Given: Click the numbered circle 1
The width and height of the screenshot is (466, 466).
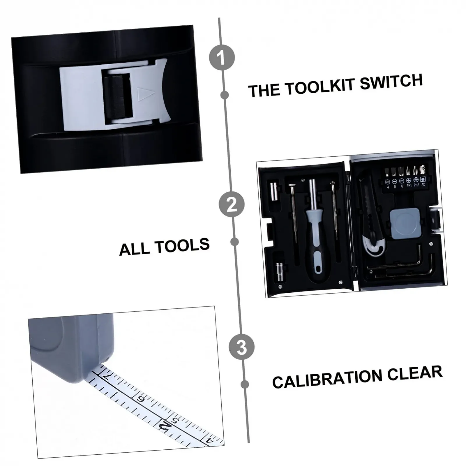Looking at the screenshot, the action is pyautogui.click(x=222, y=57).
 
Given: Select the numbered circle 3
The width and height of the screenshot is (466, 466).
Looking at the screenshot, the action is pyautogui.click(x=241, y=347).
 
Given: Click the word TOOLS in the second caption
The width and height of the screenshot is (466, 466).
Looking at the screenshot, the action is pyautogui.click(x=182, y=246).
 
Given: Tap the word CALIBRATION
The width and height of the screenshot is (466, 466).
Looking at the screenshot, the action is pyautogui.click(x=327, y=378).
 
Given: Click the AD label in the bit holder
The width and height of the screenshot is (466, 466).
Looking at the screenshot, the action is pyautogui.click(x=423, y=184).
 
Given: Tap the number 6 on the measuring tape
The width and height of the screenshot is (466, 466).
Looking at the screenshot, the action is pyautogui.click(x=142, y=399).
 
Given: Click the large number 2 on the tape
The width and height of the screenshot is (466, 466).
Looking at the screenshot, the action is pyautogui.click(x=165, y=427).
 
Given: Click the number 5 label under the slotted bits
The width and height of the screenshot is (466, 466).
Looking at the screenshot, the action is pyautogui.click(x=395, y=187).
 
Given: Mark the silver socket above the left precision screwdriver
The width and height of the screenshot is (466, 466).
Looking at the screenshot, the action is pyautogui.click(x=274, y=192).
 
